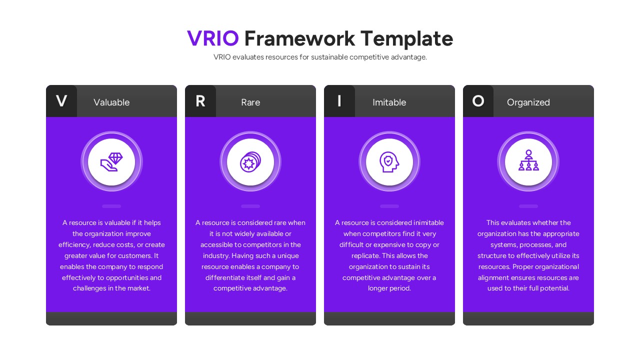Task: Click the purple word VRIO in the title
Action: click(x=213, y=38)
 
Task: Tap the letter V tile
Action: click(x=61, y=101)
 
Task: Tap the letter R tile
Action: click(x=200, y=101)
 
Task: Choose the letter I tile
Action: click(x=339, y=101)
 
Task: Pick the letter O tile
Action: click(x=478, y=101)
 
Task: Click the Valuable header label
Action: click(x=111, y=102)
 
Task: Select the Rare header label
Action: click(x=250, y=102)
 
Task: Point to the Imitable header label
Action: click(x=389, y=102)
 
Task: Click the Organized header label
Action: click(x=528, y=102)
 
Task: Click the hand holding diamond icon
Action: click(x=111, y=162)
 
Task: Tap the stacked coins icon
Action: click(x=250, y=162)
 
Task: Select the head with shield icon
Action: click(x=389, y=162)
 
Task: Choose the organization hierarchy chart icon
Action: click(x=528, y=161)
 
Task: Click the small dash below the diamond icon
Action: click(x=111, y=206)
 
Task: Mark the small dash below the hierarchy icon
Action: click(x=528, y=206)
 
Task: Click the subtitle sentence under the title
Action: click(x=320, y=57)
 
